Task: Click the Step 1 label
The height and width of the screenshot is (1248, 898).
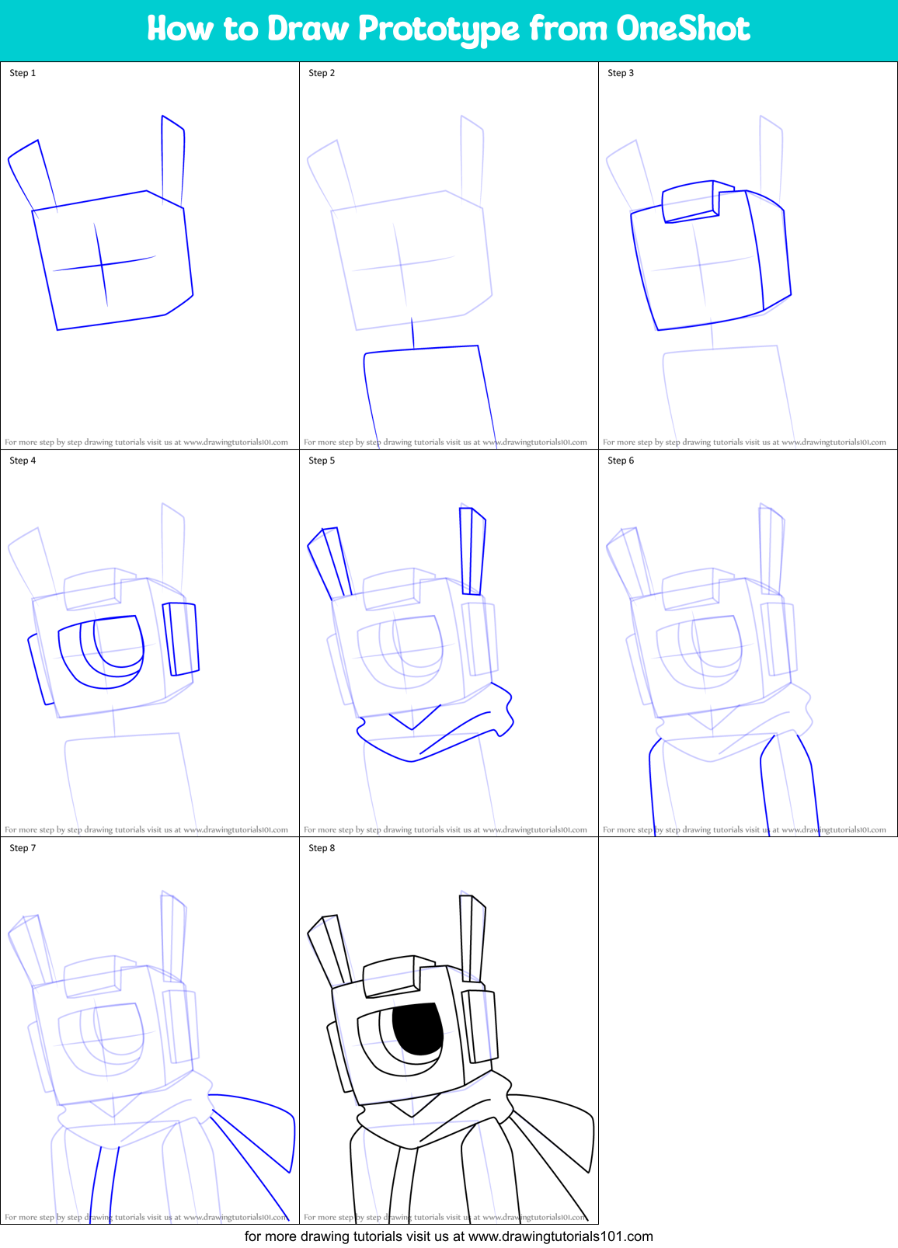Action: (23, 73)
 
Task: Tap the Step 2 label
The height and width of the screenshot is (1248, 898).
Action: (322, 73)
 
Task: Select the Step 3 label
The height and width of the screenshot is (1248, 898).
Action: (621, 73)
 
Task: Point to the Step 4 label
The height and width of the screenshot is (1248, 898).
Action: (23, 461)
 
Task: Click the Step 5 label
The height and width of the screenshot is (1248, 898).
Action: (322, 461)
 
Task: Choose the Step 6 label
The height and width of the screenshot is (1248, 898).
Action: (621, 461)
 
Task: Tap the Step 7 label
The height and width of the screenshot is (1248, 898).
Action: (23, 848)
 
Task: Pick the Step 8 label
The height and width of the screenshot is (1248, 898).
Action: (322, 848)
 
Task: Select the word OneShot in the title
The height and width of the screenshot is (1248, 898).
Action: (683, 29)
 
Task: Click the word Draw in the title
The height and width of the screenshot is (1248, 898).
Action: (308, 29)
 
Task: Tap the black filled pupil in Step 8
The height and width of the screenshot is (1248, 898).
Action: (418, 1029)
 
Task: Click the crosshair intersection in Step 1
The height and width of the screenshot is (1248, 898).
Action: (102, 266)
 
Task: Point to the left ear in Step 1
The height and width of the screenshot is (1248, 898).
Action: (32, 175)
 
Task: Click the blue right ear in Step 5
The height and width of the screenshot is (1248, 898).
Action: (472, 551)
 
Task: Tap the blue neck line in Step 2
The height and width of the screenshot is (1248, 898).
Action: (412, 334)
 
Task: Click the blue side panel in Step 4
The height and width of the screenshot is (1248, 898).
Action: (181, 638)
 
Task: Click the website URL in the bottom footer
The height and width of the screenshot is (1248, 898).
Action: (560, 1236)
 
